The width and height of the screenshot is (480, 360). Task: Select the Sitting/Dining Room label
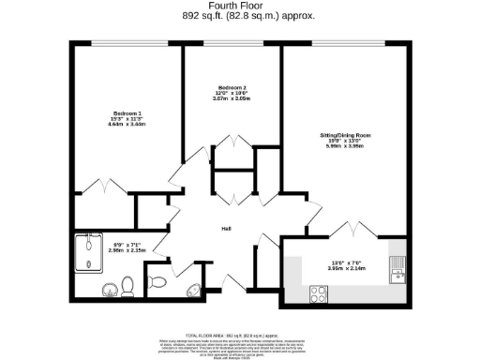(x=344, y=136)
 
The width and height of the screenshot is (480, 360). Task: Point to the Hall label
(x=226, y=229)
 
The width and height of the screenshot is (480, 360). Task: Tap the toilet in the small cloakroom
(x=157, y=279)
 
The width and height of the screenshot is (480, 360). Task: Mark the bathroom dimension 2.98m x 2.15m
(x=103, y=250)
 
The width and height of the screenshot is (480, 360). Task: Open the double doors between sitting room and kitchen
(x=346, y=228)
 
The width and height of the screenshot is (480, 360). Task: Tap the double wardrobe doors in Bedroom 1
(x=102, y=186)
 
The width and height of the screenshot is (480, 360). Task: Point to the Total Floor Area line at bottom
(x=239, y=335)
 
